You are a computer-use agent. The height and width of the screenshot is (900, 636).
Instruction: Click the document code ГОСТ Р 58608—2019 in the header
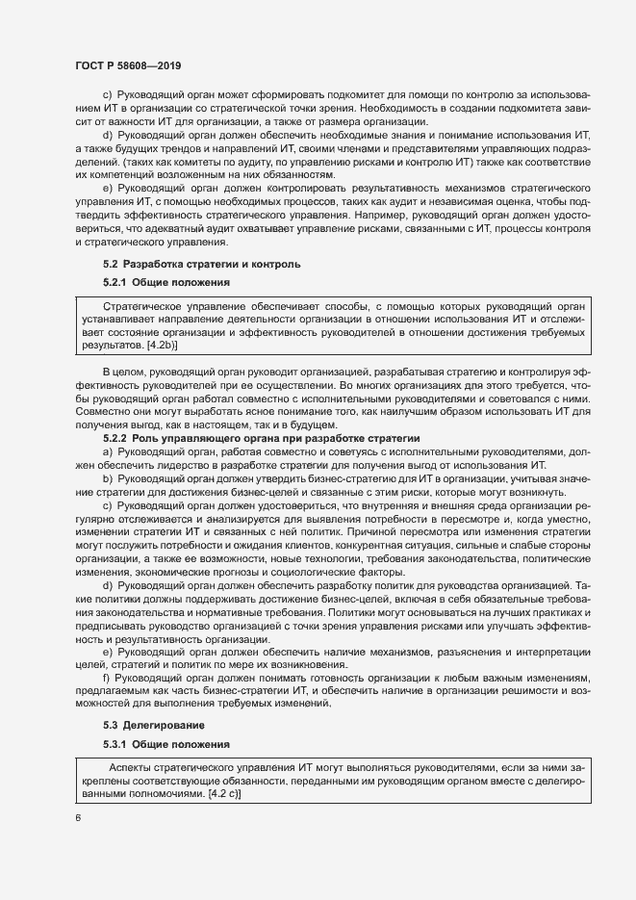click(x=128, y=64)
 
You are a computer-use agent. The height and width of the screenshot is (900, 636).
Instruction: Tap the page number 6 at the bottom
click(x=78, y=818)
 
